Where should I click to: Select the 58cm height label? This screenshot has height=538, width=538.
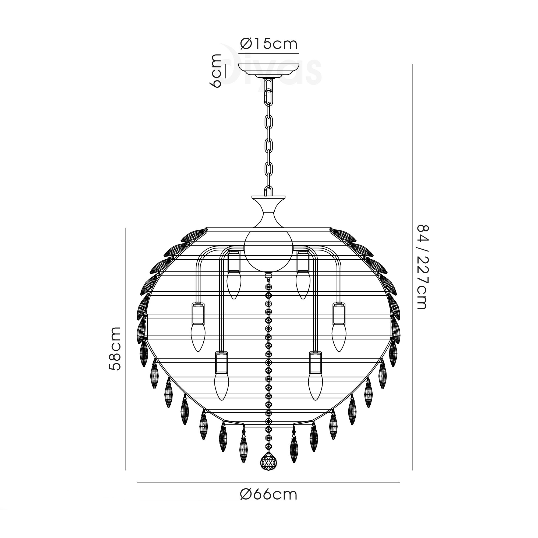tap(115, 348)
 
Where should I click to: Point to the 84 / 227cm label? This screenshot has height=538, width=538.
tap(422, 267)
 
